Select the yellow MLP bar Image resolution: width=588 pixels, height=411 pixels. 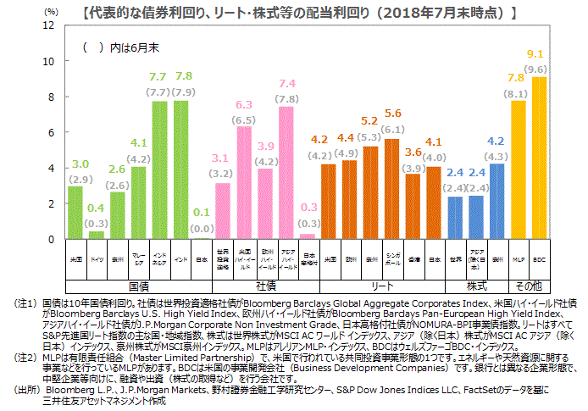[519, 169]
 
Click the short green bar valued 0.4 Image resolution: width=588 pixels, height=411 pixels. [97, 235]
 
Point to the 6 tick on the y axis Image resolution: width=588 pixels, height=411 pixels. [52, 133]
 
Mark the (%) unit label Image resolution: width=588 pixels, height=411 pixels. [51, 12]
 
